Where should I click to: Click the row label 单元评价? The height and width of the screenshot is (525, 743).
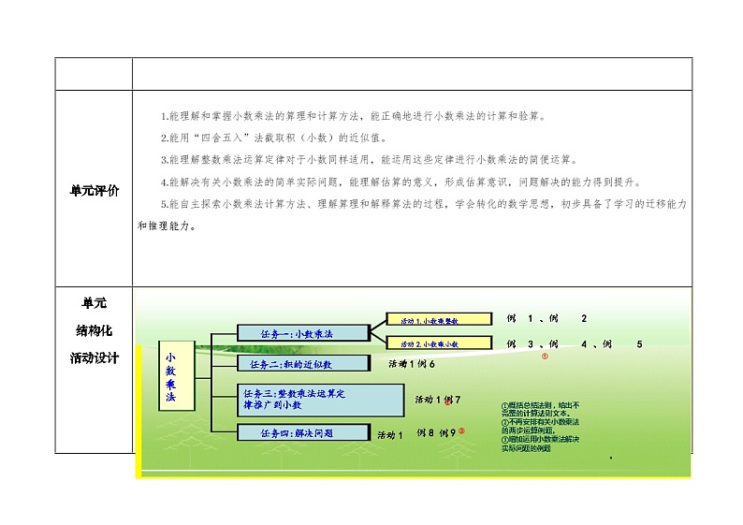[95, 191]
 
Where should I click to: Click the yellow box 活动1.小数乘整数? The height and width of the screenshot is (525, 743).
[438, 321]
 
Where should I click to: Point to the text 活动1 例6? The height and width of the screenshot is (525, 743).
[412, 363]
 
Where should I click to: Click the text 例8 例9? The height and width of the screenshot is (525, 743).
[436, 432]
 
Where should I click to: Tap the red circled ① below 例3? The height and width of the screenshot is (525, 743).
[545, 356]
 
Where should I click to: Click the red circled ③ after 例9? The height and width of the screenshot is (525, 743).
[461, 431]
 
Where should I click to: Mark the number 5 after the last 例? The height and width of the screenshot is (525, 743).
[639, 343]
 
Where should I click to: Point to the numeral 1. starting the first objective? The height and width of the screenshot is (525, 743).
[164, 116]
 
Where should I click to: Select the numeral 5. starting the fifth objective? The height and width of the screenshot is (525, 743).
[164, 203]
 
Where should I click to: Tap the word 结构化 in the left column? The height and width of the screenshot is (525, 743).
[94, 330]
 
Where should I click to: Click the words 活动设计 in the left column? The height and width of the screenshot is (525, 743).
[94, 357]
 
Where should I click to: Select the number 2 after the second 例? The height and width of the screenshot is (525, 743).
[584, 318]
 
